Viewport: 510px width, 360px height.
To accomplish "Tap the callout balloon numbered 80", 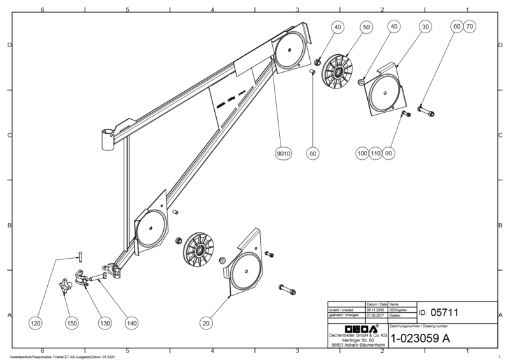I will (312, 154).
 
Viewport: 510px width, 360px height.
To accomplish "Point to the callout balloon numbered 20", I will (205, 324).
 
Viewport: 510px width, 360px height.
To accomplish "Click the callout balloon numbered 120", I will (36, 324).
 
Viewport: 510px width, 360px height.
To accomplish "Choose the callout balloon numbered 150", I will (71, 324).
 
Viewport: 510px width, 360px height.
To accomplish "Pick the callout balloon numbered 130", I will (104, 324).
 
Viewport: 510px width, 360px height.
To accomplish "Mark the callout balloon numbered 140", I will (131, 324).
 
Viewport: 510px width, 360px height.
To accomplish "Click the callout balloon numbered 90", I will (390, 154).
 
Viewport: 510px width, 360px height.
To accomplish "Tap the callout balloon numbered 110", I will (375, 154).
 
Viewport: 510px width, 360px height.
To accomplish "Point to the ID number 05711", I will (444, 312).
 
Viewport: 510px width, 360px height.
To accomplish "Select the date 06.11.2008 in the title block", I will (373, 310).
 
